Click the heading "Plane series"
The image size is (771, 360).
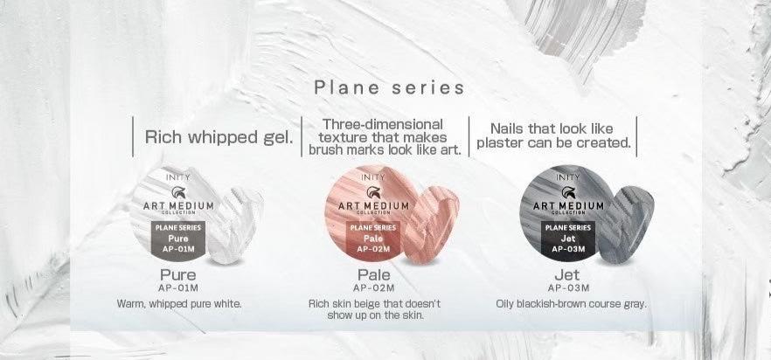click(390, 88)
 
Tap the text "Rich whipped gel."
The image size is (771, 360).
click(219, 136)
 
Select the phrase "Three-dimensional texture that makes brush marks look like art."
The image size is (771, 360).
click(385, 136)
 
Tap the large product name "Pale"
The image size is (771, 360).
click(374, 275)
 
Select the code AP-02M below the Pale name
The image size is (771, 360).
click(374, 287)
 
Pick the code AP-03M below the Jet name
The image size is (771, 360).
click(569, 287)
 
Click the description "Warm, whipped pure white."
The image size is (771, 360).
click(179, 304)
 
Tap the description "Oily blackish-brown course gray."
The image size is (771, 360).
click(571, 304)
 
